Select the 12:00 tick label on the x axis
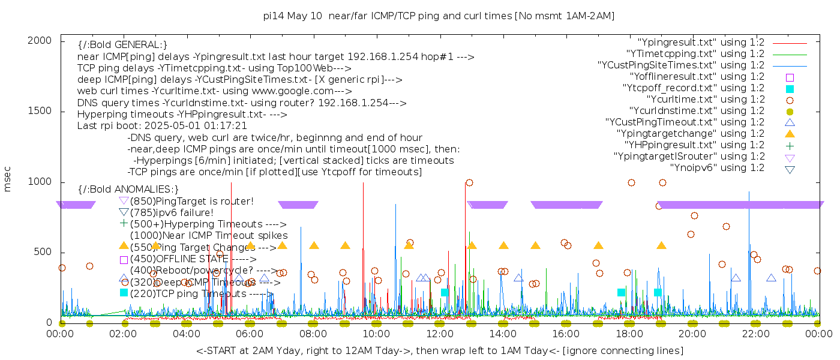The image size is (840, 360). click(440, 334)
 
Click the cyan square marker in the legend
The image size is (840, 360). click(790, 89)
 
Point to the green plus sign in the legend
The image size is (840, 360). click(790, 146)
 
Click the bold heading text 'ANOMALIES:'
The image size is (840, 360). click(128, 190)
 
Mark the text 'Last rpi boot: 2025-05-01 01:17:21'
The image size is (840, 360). click(162, 126)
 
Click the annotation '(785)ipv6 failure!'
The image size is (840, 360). click(172, 212)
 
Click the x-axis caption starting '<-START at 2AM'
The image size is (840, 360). click(439, 350)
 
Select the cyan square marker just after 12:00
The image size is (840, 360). click(445, 293)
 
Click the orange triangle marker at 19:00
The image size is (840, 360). click(661, 245)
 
